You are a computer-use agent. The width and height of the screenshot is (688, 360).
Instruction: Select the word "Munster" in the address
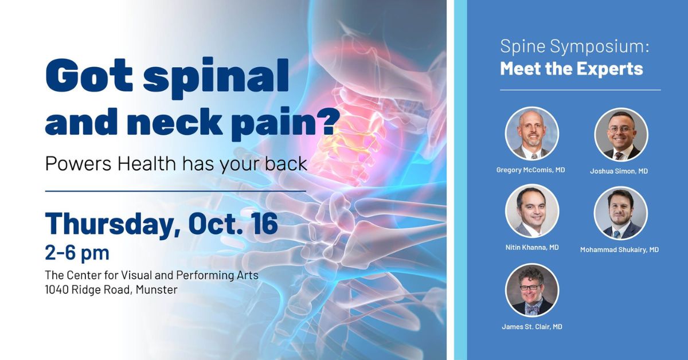(x=156, y=290)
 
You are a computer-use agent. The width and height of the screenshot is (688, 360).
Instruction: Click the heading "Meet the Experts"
(x=571, y=69)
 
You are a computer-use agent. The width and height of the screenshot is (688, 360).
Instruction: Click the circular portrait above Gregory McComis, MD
(x=531, y=134)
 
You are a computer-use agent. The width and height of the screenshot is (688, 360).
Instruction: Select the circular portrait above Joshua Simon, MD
(x=620, y=134)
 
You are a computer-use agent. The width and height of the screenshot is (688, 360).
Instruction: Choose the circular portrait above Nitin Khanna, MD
(x=531, y=211)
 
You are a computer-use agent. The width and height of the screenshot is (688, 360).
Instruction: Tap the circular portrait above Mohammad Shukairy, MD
(x=620, y=213)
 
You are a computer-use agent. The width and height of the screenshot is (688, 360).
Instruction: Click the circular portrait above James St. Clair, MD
(x=531, y=290)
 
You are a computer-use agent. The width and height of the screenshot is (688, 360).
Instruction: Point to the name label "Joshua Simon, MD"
(x=619, y=171)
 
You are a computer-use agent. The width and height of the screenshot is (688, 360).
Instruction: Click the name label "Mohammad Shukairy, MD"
(x=619, y=249)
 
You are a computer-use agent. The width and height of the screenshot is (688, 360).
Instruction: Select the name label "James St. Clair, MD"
(x=531, y=326)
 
